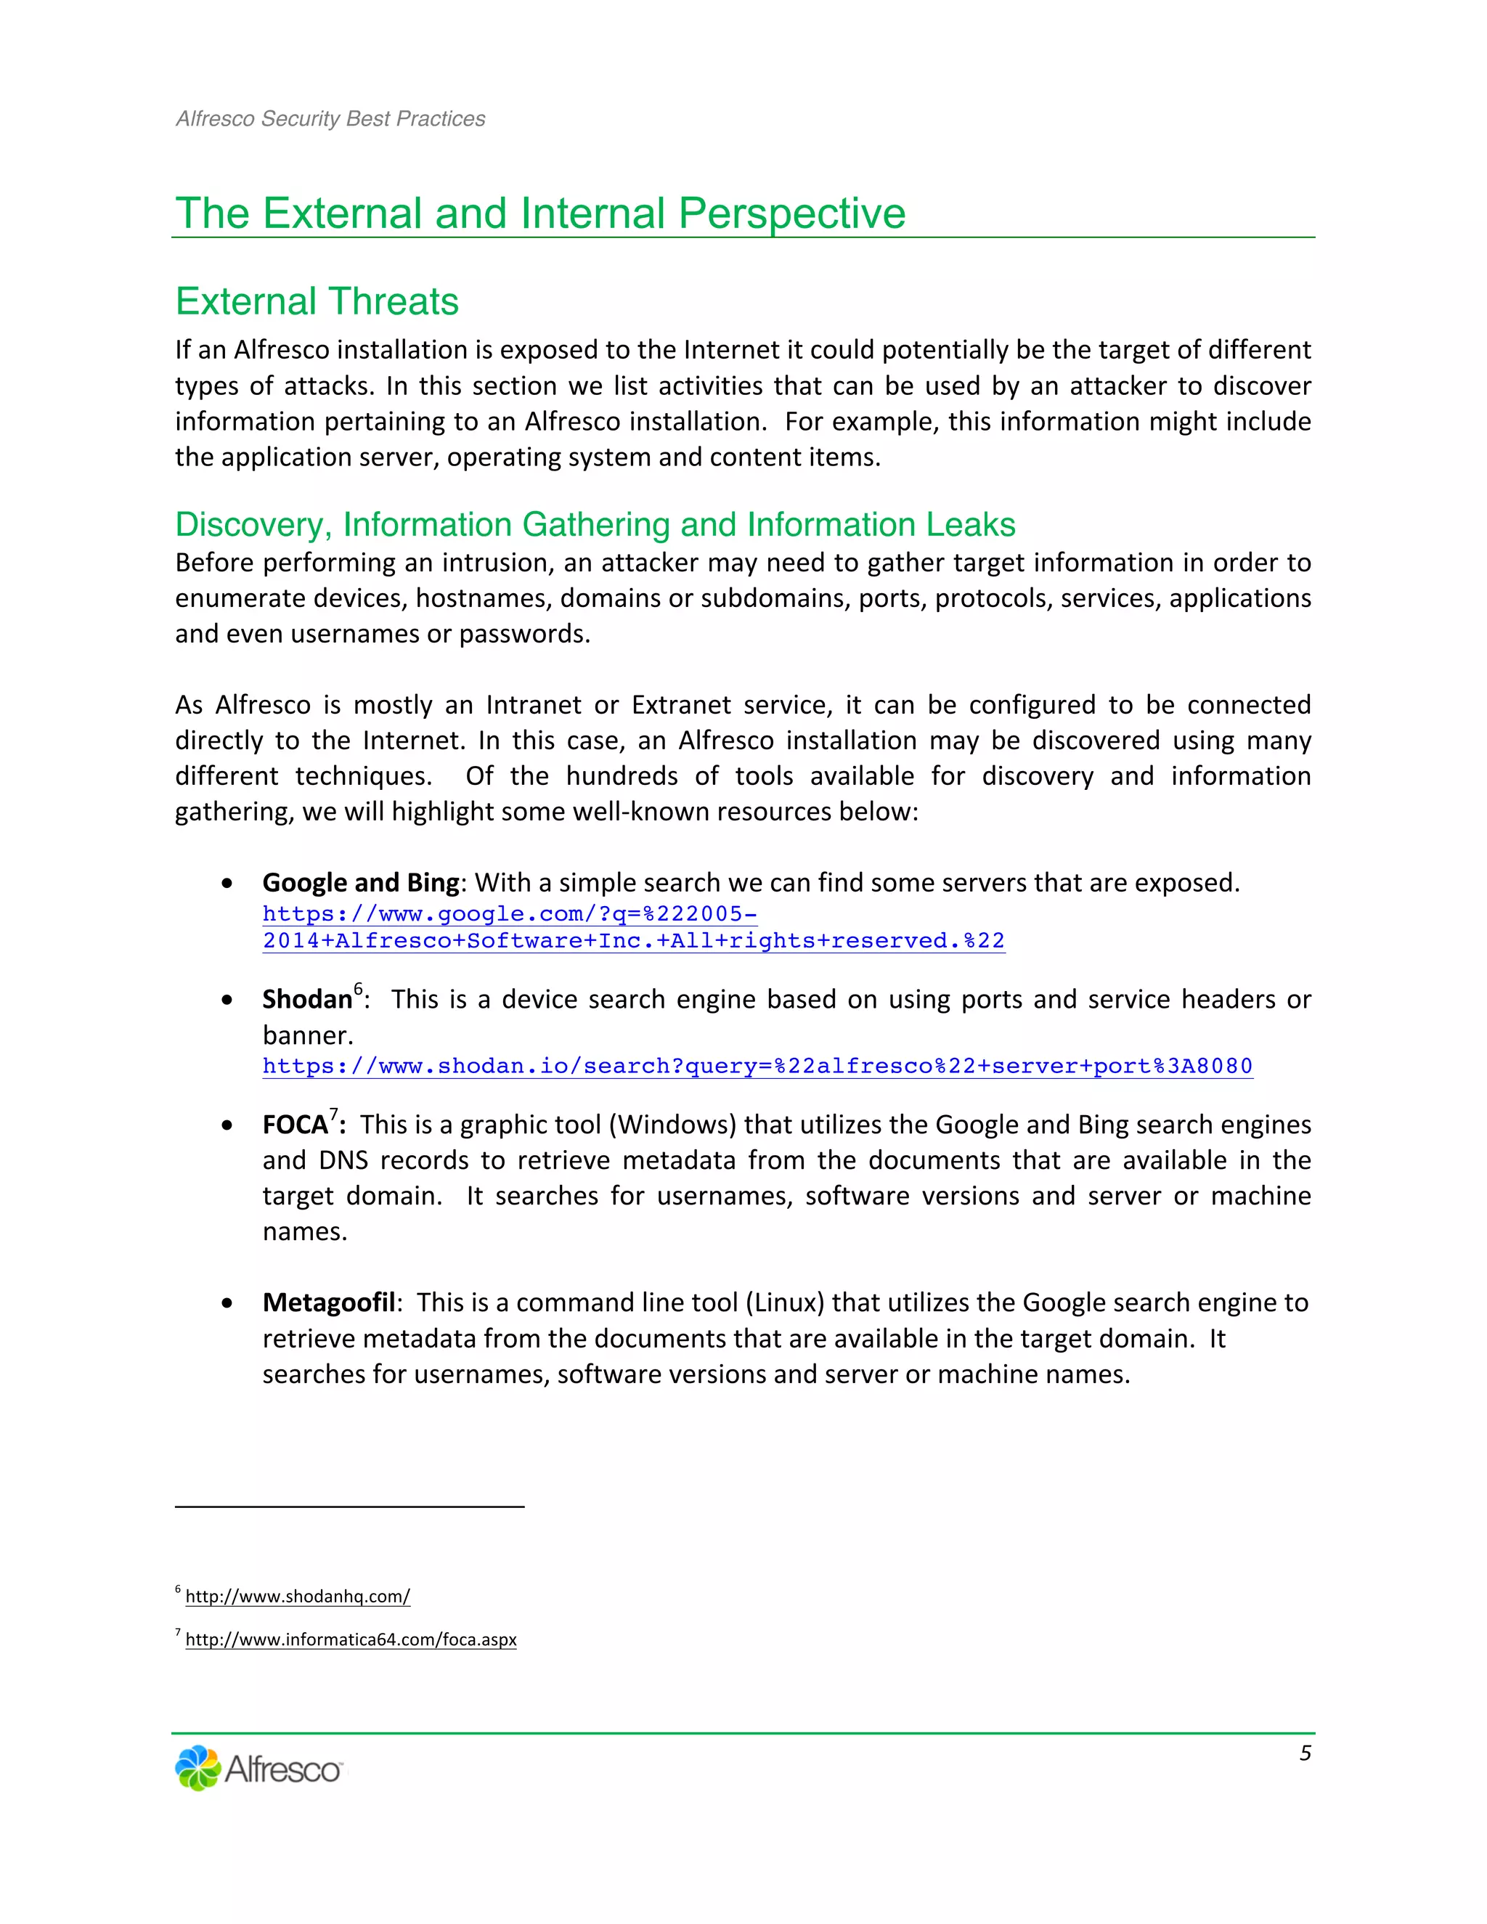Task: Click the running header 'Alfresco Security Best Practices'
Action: (x=330, y=119)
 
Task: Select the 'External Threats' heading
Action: (x=317, y=302)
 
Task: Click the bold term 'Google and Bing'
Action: (x=360, y=883)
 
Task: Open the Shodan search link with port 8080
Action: (x=757, y=1067)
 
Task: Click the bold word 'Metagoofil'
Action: (x=329, y=1303)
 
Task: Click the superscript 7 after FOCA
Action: (x=334, y=1114)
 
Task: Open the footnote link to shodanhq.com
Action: (x=298, y=1597)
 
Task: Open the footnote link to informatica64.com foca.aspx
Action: (x=351, y=1639)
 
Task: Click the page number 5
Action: (x=1305, y=1753)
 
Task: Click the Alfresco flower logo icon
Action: (x=197, y=1768)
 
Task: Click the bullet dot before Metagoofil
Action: (x=228, y=1304)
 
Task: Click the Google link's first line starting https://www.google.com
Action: (x=509, y=914)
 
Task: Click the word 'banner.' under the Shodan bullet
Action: (x=307, y=1035)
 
